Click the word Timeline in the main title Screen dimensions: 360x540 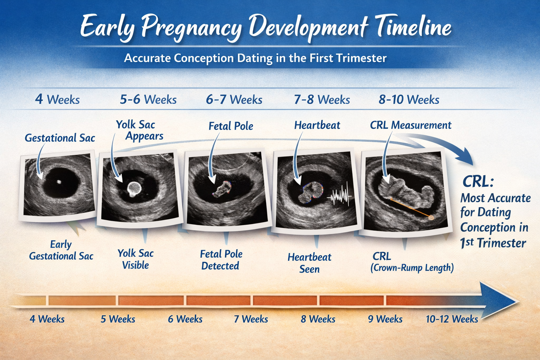point(413,27)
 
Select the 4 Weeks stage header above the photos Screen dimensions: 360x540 point(57,99)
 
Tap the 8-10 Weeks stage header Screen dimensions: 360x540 point(409,99)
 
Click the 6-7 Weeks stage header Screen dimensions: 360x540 point(234,99)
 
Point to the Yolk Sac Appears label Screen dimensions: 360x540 point(140,130)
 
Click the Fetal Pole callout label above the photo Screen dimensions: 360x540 point(231,126)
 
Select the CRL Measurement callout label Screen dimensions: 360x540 point(410,125)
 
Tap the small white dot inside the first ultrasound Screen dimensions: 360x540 point(59,182)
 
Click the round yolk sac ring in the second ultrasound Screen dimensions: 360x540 point(134,188)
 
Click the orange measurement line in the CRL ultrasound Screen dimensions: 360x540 point(410,208)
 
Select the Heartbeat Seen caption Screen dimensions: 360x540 point(309,263)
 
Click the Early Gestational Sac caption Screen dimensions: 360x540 point(61,250)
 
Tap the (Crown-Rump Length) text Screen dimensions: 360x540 point(412,268)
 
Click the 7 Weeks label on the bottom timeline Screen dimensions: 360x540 point(251,319)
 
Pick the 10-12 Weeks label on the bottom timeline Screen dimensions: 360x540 point(452,319)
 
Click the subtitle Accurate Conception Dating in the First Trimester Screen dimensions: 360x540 point(255,58)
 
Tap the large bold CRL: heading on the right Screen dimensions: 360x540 point(478,182)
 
